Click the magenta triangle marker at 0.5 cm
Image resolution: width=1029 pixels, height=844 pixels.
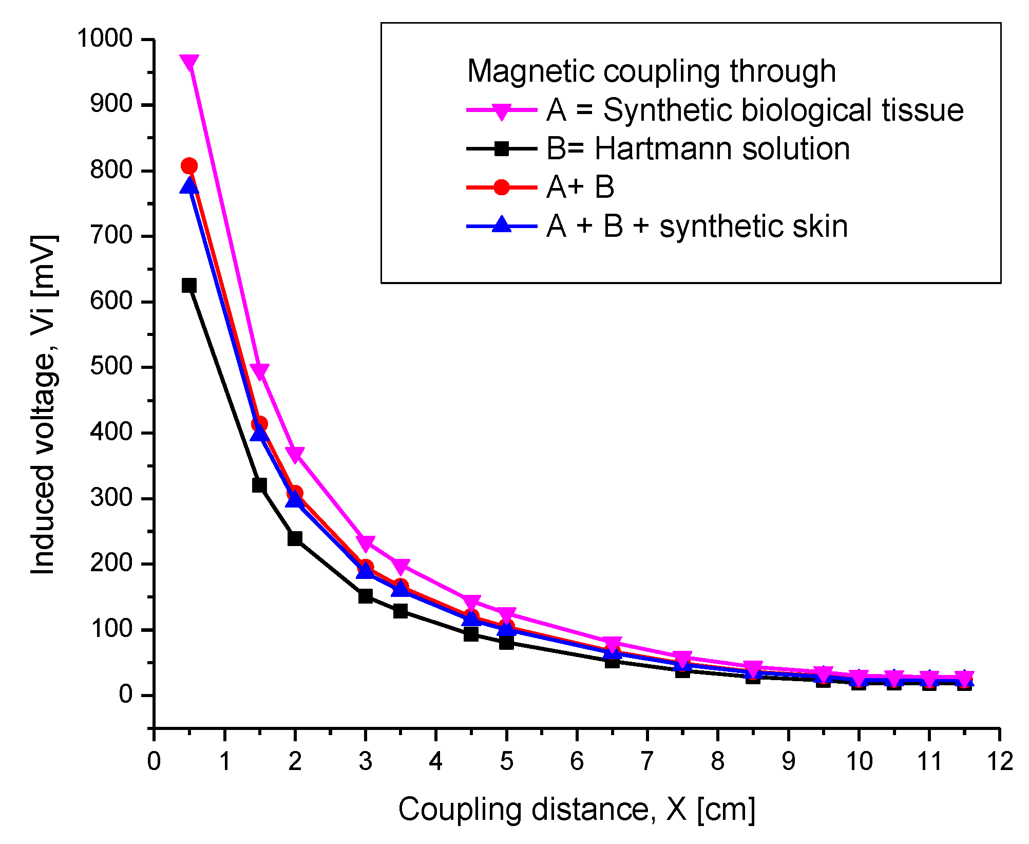pos(189,63)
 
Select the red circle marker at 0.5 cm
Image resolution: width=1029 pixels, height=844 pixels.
pos(189,166)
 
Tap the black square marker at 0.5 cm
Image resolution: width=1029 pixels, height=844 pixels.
pos(189,286)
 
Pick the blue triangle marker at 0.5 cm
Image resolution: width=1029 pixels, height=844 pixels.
pos(189,186)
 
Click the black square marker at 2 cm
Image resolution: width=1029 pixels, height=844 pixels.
pos(295,539)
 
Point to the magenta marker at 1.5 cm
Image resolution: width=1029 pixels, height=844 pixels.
pos(260,371)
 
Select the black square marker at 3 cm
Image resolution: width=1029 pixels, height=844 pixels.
pos(366,596)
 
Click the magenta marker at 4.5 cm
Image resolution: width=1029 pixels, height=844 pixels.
pos(471,602)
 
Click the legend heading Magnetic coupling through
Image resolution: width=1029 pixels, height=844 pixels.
pos(651,71)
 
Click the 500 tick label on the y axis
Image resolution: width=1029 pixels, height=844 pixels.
pos(111,367)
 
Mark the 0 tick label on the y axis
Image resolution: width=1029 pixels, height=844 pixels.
pos(126,695)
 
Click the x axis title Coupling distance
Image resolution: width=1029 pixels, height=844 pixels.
pos(576,810)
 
